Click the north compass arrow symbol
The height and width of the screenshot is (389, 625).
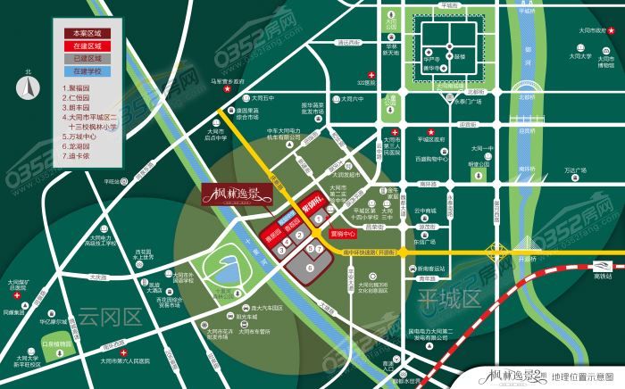(29, 87)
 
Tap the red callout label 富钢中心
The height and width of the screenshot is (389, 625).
(343, 235)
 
